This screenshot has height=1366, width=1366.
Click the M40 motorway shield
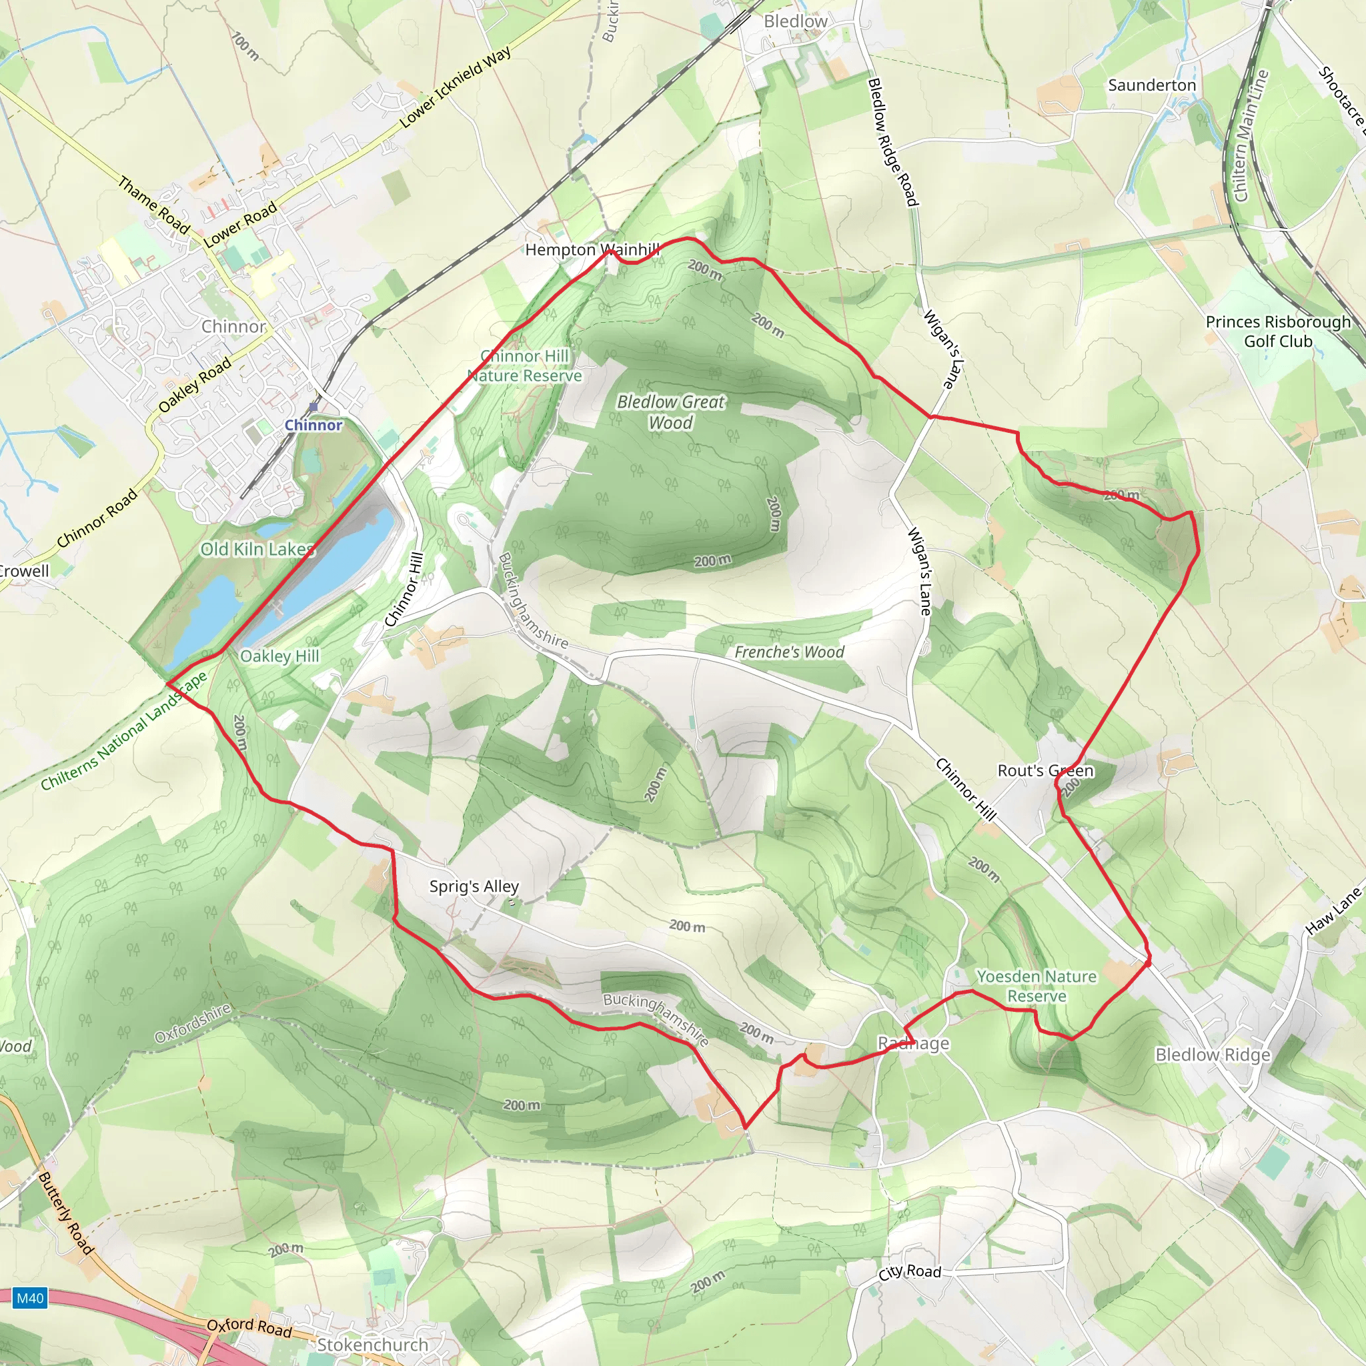[30, 1298]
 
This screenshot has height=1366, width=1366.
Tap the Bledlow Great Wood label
[670, 412]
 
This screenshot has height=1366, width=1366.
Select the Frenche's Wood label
[789, 652]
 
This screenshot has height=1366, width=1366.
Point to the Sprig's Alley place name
[474, 886]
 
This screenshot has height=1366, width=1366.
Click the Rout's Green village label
[1045, 770]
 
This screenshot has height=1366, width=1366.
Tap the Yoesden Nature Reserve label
[1036, 986]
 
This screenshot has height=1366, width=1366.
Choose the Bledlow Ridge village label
[1213, 1055]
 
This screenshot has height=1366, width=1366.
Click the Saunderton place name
[1152, 85]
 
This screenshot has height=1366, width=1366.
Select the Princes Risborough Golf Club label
[1277, 331]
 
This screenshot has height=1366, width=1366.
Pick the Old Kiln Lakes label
[257, 550]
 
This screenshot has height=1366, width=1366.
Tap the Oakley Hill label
[280, 656]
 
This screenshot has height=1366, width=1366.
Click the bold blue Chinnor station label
[313, 425]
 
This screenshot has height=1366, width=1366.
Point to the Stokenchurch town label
[373, 1345]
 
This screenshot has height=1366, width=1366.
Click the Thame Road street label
[153, 205]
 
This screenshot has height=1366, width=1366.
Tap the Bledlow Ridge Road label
[892, 142]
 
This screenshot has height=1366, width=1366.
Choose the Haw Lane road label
[1333, 912]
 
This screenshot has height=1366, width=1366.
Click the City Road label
[910, 1272]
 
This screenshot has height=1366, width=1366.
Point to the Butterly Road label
[65, 1213]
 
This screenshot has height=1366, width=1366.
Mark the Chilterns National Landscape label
[124, 730]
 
